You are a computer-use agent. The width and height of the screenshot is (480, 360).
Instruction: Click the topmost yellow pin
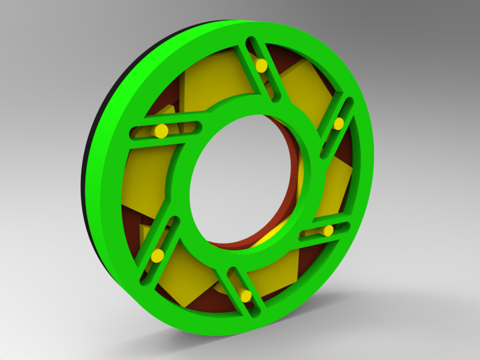coord(261,65)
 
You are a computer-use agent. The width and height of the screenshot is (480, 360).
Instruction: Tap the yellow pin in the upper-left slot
coord(161,131)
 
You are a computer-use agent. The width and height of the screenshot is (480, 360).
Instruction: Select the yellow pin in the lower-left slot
coord(157,256)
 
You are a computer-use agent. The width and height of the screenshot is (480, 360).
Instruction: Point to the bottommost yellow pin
coord(245,295)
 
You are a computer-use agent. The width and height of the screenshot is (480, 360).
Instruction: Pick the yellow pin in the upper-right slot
coord(338,124)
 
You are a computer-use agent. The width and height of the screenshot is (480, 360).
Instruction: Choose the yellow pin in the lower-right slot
coord(328,230)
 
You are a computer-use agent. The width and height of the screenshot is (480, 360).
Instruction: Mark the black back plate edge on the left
coord(86,180)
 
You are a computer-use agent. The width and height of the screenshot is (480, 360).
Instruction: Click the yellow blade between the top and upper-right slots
coord(306,90)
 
